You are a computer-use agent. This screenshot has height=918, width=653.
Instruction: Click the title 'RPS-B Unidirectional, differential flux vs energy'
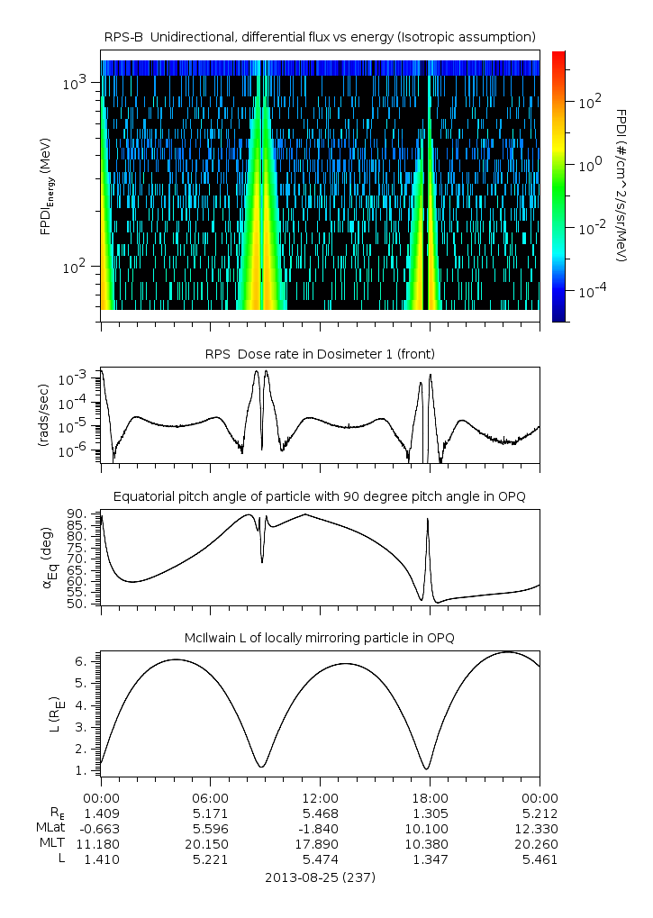321,36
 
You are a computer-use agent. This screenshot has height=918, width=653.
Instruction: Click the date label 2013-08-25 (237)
321,877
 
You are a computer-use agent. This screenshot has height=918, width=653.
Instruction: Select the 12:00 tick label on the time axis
321,797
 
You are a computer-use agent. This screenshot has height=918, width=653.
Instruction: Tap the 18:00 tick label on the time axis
430,797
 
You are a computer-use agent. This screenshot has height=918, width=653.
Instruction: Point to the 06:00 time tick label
211,797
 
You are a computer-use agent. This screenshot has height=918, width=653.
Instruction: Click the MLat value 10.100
430,828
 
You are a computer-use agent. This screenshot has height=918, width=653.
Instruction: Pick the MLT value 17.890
321,844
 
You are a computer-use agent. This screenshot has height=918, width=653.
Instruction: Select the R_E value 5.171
211,813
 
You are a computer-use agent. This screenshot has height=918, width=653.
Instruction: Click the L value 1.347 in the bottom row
430,859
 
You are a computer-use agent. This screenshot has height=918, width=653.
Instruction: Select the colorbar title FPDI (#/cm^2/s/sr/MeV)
621,185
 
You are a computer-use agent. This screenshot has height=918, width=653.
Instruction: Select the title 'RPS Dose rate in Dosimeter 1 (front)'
321,354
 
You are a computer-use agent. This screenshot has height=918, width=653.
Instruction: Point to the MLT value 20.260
540,844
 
